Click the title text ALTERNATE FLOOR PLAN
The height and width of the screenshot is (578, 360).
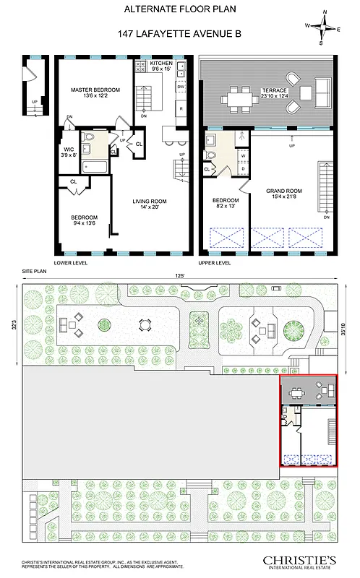[179, 9]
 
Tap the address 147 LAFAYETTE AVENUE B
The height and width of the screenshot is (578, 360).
[179, 33]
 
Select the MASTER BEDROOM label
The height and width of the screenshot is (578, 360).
[95, 93]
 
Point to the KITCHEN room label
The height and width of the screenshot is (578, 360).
[161, 66]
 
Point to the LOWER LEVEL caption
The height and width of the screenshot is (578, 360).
[71, 264]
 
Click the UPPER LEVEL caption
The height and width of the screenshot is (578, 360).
[214, 264]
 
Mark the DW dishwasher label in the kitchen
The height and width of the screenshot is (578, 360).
[180, 87]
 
